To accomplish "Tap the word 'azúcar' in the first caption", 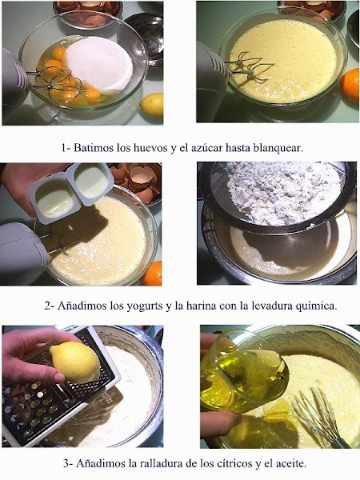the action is tap(206, 148).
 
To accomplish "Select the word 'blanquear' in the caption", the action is tap(278, 148).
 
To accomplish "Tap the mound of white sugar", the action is tap(99, 65).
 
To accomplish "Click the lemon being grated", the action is tap(75, 362).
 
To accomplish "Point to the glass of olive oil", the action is tap(244, 370).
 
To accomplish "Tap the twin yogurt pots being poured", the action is tap(71, 192).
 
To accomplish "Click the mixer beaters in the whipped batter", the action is tap(250, 68).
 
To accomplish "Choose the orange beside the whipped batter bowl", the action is tap(350, 86).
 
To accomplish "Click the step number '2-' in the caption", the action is tap(50, 306).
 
